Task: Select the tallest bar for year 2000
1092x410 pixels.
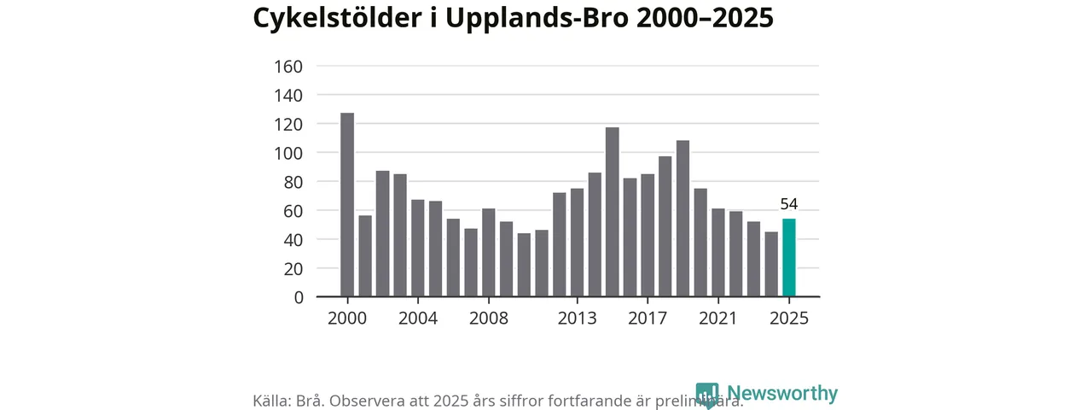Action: pos(347,205)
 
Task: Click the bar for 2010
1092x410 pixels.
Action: pos(524,265)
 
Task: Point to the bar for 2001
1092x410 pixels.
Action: pos(365,256)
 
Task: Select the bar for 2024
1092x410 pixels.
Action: pos(771,264)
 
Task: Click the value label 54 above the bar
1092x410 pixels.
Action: pos(788,204)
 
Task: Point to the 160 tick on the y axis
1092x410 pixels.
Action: pos(288,67)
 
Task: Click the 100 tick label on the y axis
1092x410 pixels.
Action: pos(288,154)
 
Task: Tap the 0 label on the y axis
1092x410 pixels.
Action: pos(298,298)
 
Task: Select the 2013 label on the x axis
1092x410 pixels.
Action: pos(577,319)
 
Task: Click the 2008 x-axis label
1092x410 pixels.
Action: pos(489,319)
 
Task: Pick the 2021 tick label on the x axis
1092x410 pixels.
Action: pos(717,319)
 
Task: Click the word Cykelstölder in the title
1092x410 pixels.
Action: pos(334,19)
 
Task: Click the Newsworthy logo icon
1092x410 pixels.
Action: pos(706,395)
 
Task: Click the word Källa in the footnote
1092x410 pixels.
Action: pos(272,401)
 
